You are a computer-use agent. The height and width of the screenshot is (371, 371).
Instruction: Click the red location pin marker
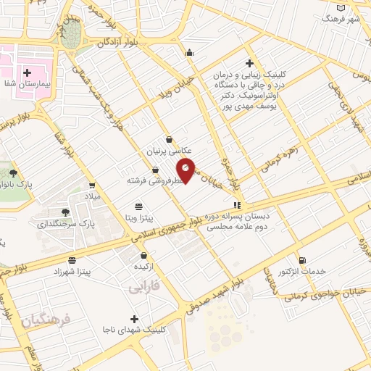click(x=186, y=169)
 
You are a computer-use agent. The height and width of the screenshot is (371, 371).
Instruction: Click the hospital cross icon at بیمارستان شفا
click(x=27, y=72)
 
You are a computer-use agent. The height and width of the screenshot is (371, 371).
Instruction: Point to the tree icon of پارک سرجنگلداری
click(x=66, y=212)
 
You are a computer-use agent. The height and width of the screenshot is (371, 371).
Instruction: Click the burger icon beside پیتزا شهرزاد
click(x=71, y=260)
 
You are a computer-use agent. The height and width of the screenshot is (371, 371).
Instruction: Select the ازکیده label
click(x=144, y=267)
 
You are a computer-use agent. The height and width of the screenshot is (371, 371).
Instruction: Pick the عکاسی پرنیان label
click(x=169, y=152)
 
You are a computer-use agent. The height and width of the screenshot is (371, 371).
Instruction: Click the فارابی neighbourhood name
click(x=143, y=288)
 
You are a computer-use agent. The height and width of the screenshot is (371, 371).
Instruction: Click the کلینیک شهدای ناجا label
click(x=136, y=329)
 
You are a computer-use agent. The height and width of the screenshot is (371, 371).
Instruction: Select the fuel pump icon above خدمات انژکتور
click(x=302, y=260)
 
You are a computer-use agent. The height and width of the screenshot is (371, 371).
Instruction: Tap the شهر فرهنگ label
click(x=343, y=19)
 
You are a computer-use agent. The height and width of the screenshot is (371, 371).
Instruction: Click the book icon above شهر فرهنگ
click(x=343, y=7)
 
